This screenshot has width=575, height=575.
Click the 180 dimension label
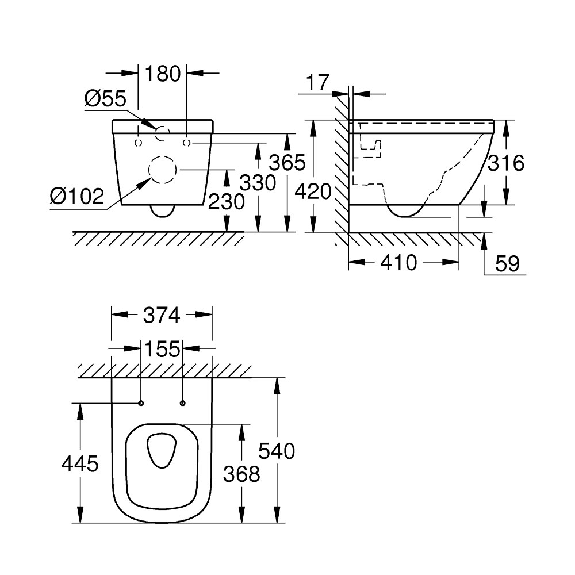(163, 74)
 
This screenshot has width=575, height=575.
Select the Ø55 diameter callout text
(105, 99)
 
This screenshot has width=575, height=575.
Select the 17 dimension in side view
(317, 82)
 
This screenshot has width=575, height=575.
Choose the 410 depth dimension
(398, 263)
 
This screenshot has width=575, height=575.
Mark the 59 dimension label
(507, 264)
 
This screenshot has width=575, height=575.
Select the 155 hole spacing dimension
(162, 349)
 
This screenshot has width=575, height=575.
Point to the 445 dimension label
(80, 463)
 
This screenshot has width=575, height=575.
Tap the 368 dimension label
(242, 474)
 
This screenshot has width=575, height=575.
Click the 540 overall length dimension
(277, 451)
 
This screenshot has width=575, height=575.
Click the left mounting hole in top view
(141, 402)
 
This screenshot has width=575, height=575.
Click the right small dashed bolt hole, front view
(186, 142)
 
